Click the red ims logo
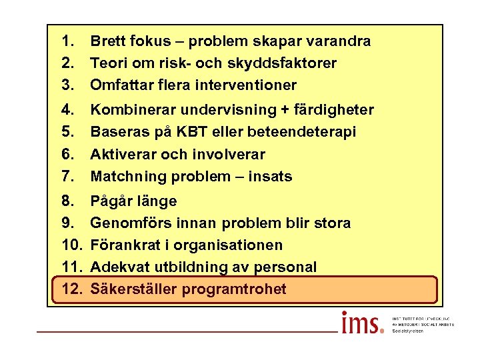[362, 323]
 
